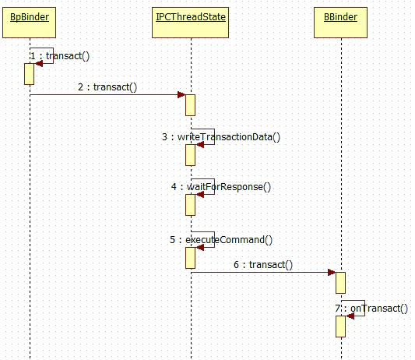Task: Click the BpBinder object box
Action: pos(29,23)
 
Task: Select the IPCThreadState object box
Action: pos(190,23)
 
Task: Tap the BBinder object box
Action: pos(340,23)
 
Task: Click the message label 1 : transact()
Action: pos(60,56)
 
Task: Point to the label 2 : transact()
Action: pos(107,87)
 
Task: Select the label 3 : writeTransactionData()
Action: pos(221,137)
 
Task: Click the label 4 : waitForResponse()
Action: pos(221,187)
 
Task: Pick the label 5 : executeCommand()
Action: pos(221,240)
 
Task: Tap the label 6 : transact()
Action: pos(263,265)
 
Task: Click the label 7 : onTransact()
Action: pos(371,309)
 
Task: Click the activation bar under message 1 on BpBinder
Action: pos(29,74)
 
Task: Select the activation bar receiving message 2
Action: pos(190,105)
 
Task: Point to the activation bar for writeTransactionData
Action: pos(190,155)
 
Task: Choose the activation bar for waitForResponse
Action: pos(190,205)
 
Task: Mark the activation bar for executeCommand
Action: pos(190,258)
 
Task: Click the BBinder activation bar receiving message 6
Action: pos(340,283)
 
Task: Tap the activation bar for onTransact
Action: pos(340,326)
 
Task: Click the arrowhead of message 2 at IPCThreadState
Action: pos(181,94)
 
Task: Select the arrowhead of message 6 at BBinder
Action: pos(332,272)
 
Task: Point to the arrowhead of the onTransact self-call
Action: pos(350,316)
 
